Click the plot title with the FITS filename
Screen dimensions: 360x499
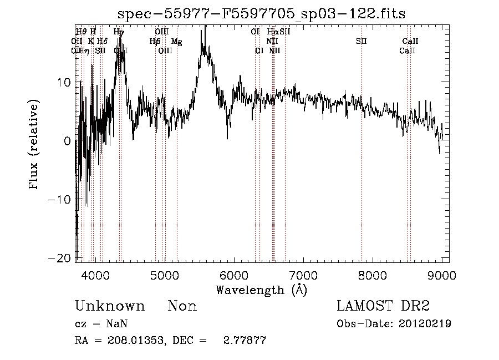click(x=262, y=14)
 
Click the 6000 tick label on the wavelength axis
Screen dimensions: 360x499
click(x=233, y=276)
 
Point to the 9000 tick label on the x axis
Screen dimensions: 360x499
click(x=441, y=276)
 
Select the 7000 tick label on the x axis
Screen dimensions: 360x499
click(x=303, y=276)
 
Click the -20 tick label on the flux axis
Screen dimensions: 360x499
click(x=60, y=258)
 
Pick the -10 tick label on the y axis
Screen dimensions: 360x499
click(x=60, y=199)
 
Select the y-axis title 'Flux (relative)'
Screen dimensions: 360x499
click(x=34, y=146)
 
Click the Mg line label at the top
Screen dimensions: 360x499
click(x=176, y=41)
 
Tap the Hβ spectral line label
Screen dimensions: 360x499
click(x=155, y=41)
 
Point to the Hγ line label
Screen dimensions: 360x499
click(x=119, y=32)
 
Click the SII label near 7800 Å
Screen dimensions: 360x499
click(x=361, y=41)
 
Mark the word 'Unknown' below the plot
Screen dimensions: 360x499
click(x=110, y=306)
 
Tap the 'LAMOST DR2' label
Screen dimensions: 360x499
click(x=383, y=306)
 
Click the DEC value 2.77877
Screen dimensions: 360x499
click(x=244, y=340)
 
